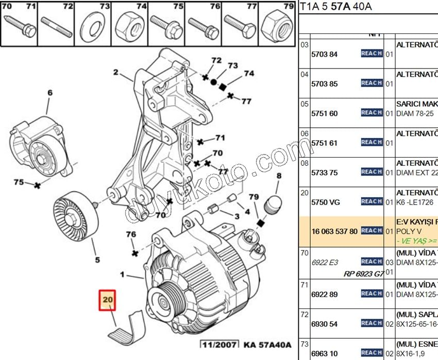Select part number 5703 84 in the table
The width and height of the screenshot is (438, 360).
coord(324,54)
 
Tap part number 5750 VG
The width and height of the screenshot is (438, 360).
coord(325,202)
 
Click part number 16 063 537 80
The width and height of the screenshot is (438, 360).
coord(334,231)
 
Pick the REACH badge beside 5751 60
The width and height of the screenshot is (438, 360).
coord(371,113)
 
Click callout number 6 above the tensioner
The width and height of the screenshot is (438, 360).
coord(50,93)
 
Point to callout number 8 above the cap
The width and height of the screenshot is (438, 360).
coord(279,176)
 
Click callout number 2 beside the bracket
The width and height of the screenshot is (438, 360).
coord(116,72)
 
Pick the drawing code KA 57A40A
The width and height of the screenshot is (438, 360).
coord(267,345)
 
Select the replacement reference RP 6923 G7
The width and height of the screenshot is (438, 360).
coord(363,274)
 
